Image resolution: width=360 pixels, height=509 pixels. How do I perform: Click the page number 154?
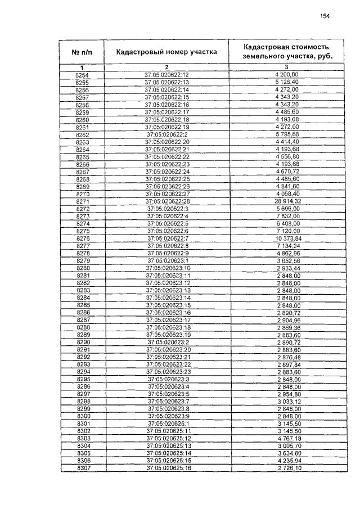(x=325, y=16)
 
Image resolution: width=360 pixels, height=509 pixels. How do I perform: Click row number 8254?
(x=82, y=74)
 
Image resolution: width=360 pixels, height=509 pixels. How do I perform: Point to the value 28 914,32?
(x=289, y=201)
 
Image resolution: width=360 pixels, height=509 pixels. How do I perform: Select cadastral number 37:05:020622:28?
(x=168, y=201)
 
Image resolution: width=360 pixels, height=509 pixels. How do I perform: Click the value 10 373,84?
(x=289, y=238)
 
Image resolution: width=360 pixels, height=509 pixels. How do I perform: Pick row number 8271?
(x=82, y=201)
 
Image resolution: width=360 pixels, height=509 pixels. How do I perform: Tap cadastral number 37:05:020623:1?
(x=168, y=260)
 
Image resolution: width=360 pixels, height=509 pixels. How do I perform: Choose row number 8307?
(x=83, y=468)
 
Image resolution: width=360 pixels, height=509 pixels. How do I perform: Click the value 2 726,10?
(x=289, y=468)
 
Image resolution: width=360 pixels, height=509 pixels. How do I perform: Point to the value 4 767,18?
(x=289, y=438)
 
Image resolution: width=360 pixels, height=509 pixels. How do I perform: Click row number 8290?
(x=83, y=342)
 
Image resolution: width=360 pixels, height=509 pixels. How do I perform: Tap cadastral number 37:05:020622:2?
(x=167, y=134)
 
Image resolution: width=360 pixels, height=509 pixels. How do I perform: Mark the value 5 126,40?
(x=289, y=82)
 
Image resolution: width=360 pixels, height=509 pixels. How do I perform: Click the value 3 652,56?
(x=289, y=260)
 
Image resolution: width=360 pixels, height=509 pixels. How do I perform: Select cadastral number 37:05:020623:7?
(x=168, y=402)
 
